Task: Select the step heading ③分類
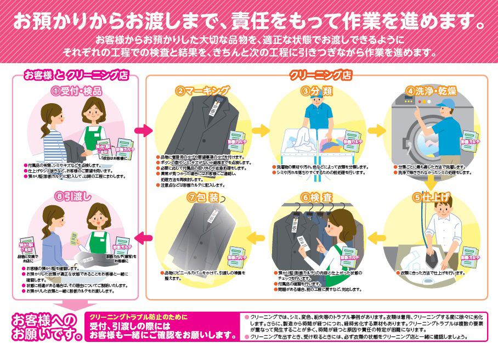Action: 317,91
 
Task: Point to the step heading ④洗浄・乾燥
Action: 431,91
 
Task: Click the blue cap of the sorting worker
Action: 317,101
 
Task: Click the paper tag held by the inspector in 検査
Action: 302,241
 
